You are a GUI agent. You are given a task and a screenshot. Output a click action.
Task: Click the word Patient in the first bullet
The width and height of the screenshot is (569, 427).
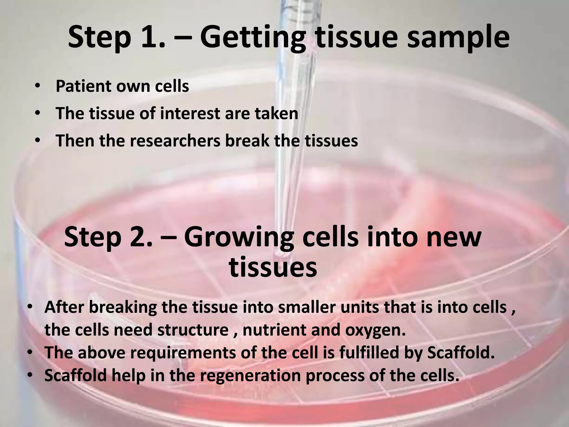(x=83, y=86)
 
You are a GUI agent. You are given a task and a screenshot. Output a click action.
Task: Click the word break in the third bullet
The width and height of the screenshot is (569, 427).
(x=247, y=141)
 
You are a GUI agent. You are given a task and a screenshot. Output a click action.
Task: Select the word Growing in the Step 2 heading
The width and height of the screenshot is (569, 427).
(x=238, y=237)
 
